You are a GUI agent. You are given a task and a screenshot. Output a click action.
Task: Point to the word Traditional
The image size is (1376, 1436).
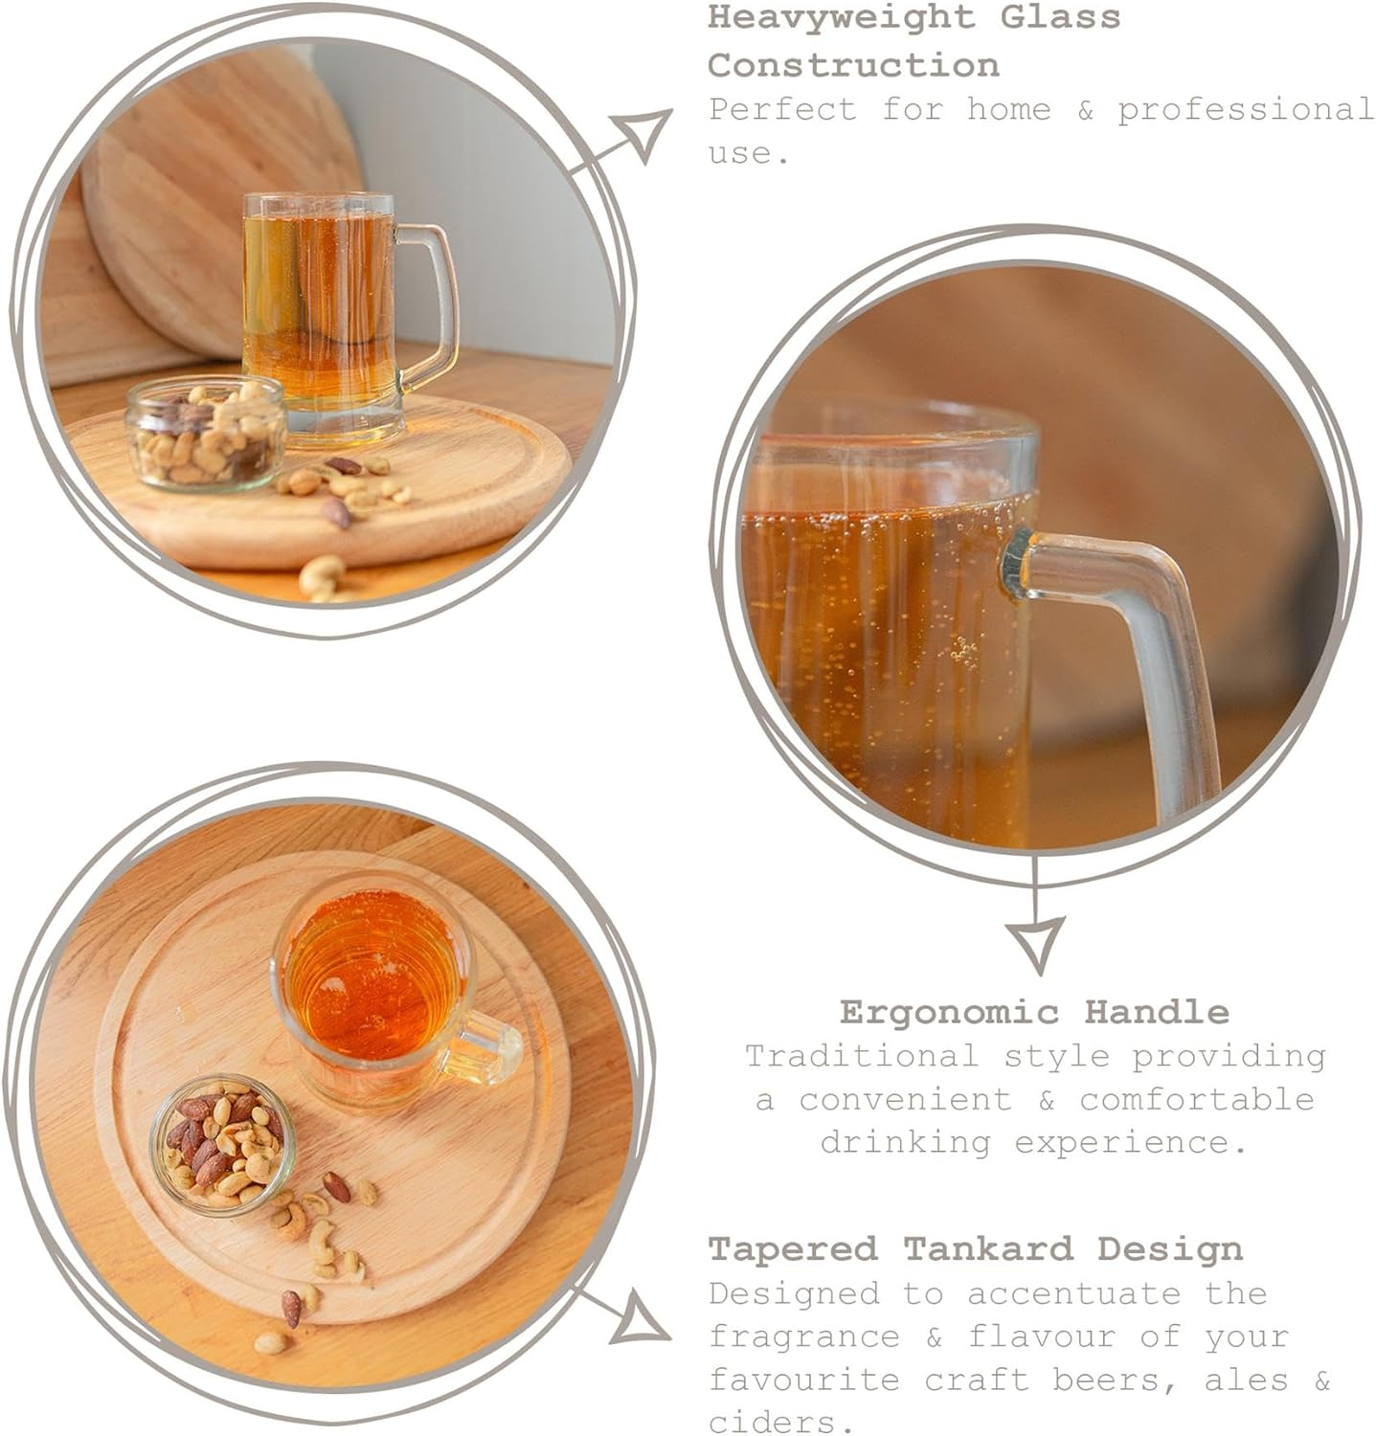862,1056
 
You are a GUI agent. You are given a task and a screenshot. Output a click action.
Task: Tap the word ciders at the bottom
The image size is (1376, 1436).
781,1421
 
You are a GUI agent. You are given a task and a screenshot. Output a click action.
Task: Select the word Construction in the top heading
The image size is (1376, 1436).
853,65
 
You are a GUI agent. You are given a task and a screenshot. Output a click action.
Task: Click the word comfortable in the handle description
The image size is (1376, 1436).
1197,1099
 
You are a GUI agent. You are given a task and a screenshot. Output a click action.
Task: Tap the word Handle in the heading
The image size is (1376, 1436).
1156,1011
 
